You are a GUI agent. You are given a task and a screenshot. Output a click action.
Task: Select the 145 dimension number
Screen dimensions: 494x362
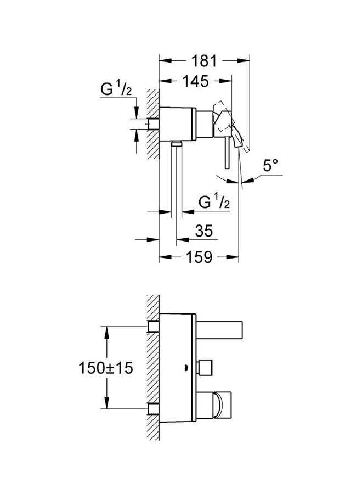(195, 82)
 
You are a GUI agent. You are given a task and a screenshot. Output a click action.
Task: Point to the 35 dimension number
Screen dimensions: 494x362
(203, 231)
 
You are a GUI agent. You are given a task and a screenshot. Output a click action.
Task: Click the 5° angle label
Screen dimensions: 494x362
(271, 167)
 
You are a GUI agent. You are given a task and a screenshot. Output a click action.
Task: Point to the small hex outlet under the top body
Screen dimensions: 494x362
(176, 144)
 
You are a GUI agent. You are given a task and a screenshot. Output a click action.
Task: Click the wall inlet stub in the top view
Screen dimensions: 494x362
(153, 123)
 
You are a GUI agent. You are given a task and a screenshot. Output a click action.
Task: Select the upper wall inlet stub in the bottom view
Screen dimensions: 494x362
(154, 327)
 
